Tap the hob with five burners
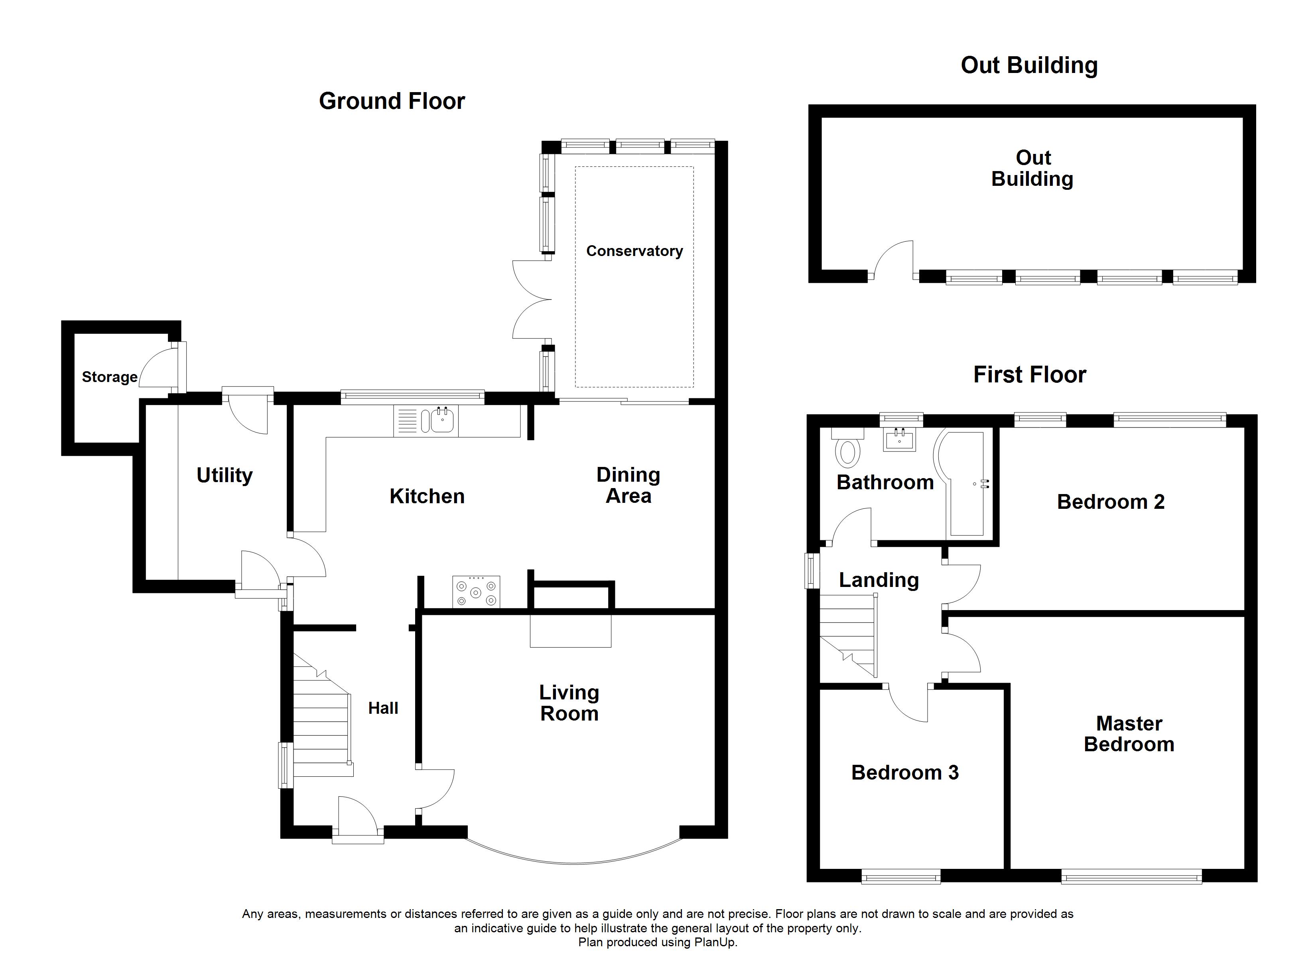[476, 593]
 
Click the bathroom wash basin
[899, 439]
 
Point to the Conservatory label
[634, 251]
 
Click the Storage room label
[110, 377]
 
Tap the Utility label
[225, 475]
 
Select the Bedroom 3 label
[904, 772]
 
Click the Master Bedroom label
[1129, 734]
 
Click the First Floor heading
[1029, 374]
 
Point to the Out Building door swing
[894, 258]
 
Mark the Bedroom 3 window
[900, 877]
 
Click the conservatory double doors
[531, 299]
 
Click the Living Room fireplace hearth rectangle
[570, 631]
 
